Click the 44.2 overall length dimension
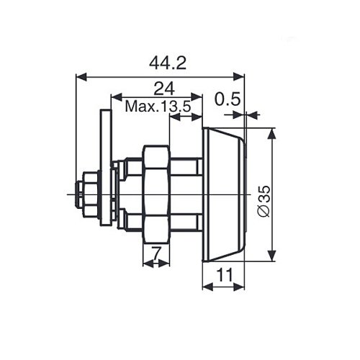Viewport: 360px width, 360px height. point(168,63)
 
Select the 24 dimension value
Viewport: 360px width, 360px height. point(164,89)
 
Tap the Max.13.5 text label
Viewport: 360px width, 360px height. point(158,107)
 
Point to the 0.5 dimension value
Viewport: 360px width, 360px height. point(228,99)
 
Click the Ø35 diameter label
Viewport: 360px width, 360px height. point(264,201)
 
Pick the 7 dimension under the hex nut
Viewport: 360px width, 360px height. point(156,254)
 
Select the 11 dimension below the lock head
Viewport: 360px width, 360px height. point(225,275)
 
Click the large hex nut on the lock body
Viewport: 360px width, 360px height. point(156,194)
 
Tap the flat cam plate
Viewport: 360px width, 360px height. point(107,168)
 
